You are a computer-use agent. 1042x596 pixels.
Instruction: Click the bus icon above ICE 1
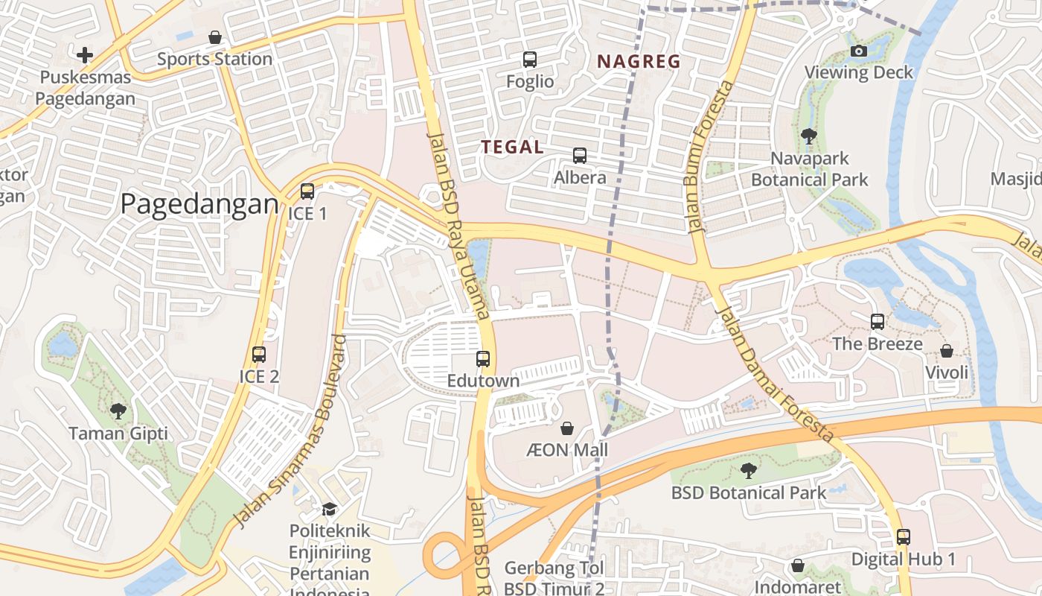[307, 191]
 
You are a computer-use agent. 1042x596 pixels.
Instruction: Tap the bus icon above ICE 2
[259, 355]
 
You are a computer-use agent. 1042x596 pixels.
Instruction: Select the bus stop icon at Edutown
[483, 359]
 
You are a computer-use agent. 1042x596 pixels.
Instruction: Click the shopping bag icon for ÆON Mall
[567, 428]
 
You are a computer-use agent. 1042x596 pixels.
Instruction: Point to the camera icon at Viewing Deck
[859, 51]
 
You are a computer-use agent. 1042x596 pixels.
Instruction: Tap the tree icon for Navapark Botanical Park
[809, 136]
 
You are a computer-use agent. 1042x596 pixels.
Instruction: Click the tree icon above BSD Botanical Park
[748, 471]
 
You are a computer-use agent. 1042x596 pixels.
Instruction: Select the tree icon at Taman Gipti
[118, 410]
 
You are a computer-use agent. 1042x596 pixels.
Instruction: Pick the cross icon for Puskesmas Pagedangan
[85, 54]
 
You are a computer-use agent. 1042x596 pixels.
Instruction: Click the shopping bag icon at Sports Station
[215, 37]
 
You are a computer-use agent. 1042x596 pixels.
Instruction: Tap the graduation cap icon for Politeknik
[329, 509]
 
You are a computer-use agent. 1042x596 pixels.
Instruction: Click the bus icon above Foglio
[530, 60]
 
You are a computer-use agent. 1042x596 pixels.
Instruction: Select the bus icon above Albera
[580, 156]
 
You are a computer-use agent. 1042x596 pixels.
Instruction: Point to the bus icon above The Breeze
[878, 322]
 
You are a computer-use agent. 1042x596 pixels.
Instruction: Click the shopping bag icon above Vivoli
[947, 350]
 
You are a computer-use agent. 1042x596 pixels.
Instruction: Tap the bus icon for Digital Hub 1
[903, 536]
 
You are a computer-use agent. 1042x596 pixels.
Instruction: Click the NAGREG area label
[639, 62]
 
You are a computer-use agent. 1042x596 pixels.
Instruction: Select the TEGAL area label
[512, 147]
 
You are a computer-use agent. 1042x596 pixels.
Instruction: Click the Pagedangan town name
[199, 203]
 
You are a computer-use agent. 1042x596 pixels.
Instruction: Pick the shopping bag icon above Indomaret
[798, 565]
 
